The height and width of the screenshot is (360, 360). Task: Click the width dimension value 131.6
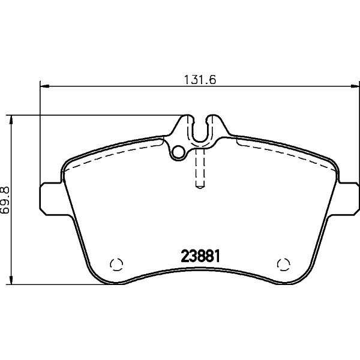tap(200, 80)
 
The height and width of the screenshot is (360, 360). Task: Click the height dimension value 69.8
tap(5, 200)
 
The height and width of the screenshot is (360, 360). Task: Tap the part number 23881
tap(200, 256)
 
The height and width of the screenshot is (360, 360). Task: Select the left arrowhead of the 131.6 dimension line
tap(44, 86)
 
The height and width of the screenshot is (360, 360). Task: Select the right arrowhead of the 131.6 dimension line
tap(355, 86)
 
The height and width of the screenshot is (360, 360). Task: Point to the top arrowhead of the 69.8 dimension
tap(11, 119)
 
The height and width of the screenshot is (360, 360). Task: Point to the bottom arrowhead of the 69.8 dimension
tap(11, 280)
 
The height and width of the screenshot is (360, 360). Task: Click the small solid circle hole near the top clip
tap(179, 152)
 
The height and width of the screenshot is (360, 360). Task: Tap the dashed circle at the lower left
tap(116, 264)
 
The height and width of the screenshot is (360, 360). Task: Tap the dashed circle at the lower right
tap(284, 264)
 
